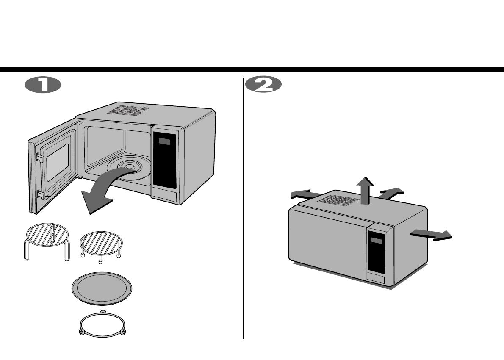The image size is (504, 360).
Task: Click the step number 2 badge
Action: click(x=263, y=85)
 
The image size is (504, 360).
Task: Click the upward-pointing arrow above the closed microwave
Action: click(x=364, y=190)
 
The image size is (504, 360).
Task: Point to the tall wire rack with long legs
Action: click(x=47, y=241)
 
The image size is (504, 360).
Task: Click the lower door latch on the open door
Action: click(x=42, y=195)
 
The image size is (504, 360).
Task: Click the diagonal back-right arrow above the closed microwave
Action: click(x=389, y=192)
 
